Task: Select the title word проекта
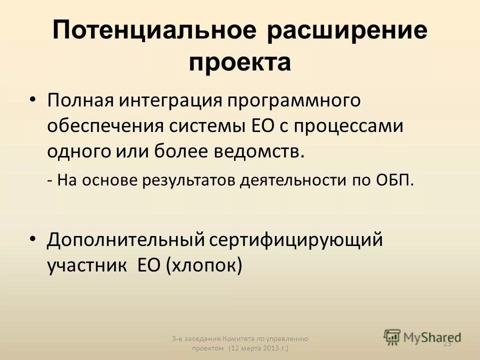click(240, 63)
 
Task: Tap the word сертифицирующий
click(296, 239)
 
